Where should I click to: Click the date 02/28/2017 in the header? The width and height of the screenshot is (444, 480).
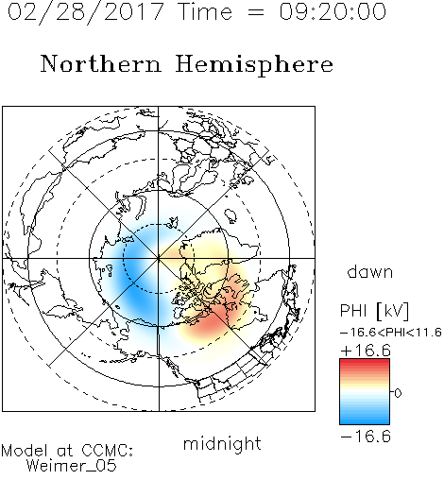85,12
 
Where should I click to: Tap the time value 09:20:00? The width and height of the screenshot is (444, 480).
333,11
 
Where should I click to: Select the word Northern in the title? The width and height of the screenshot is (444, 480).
101,63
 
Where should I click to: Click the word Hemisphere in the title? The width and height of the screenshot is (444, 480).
254,65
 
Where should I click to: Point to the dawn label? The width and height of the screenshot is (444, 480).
370,271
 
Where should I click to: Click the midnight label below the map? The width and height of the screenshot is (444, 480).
222,443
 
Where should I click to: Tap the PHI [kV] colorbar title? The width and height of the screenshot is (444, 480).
374,311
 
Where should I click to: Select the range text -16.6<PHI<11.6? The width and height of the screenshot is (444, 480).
391,333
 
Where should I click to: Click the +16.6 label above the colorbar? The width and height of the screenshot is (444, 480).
366,351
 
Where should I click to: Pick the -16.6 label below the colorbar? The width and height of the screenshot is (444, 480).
366,437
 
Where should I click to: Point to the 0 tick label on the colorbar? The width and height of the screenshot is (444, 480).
398,393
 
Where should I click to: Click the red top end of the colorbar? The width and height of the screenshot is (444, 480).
365,361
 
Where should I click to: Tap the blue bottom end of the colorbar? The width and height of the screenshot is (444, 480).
365,421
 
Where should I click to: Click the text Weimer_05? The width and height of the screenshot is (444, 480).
72,466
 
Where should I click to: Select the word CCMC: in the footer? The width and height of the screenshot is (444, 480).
107,451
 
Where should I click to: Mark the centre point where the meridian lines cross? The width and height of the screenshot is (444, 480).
159,258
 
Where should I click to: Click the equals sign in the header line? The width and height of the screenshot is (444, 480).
256,12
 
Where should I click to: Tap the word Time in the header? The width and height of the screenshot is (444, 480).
205,11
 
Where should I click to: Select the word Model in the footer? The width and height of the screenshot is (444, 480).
25,451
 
